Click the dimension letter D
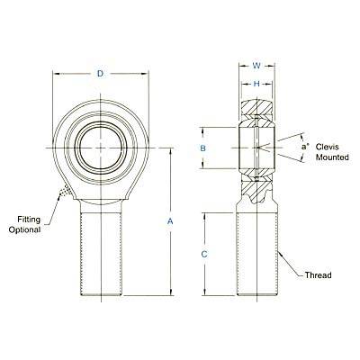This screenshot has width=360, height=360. pyautogui.click(x=100, y=74)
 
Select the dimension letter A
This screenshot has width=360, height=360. pyautogui.click(x=170, y=221)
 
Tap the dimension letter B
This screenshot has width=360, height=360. pyautogui.click(x=203, y=148)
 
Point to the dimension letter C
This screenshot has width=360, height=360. pyautogui.click(x=204, y=255)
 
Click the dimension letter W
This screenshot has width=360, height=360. pyautogui.click(x=256, y=66)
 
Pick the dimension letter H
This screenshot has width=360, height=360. pyautogui.click(x=256, y=84)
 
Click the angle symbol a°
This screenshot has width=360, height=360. pyautogui.click(x=305, y=147)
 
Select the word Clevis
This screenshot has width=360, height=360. pyautogui.click(x=327, y=147)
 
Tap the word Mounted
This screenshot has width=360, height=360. pyautogui.click(x=332, y=157)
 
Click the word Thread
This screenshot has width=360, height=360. pyautogui.click(x=319, y=275)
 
